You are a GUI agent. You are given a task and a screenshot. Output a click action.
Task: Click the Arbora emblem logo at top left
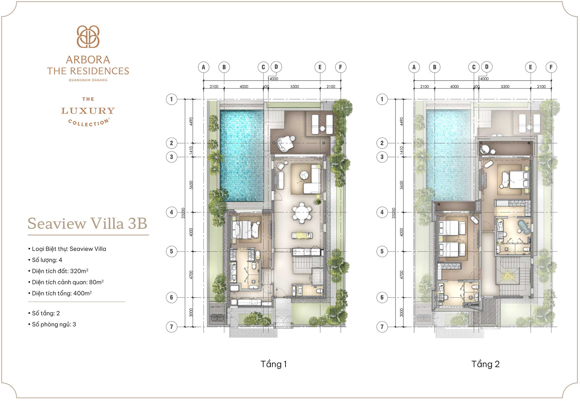(x=88, y=37)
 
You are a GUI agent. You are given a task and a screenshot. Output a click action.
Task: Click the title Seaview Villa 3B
(x=87, y=224)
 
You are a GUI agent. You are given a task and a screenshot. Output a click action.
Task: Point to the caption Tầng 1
(x=273, y=364)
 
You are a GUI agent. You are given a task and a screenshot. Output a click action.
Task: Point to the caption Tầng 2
(x=485, y=364)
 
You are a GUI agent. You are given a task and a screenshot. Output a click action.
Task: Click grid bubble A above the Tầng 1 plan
(x=204, y=67)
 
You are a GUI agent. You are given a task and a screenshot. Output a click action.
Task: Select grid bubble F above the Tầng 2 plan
(x=551, y=67)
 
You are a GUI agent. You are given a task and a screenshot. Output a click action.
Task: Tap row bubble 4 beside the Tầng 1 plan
(x=172, y=212)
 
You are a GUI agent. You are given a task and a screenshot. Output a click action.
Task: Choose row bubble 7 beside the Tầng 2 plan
(x=382, y=326)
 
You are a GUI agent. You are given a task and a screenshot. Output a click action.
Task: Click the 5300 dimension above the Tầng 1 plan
(x=295, y=87)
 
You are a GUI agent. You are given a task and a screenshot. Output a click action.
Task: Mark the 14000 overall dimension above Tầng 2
(x=484, y=79)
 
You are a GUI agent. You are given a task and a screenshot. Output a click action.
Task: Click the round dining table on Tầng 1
(x=302, y=213)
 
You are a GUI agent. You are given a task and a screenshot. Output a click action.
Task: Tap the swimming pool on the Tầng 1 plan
(x=242, y=156)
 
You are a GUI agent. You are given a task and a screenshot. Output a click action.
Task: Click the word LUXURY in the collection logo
(x=88, y=111)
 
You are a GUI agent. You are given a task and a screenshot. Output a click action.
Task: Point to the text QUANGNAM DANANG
(x=88, y=80)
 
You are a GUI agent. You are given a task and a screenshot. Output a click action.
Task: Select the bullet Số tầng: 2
(x=46, y=313)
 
